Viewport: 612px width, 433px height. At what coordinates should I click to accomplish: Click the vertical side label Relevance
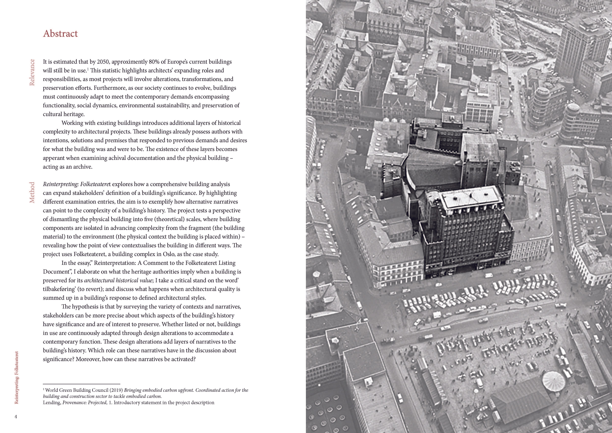[32, 72]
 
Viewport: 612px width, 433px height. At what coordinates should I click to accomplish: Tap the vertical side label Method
[32, 193]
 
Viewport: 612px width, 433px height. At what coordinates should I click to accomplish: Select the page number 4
[16, 417]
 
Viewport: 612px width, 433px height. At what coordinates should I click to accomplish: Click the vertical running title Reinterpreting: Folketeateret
[17, 378]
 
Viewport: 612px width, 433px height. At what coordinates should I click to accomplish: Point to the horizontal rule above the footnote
[82, 384]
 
